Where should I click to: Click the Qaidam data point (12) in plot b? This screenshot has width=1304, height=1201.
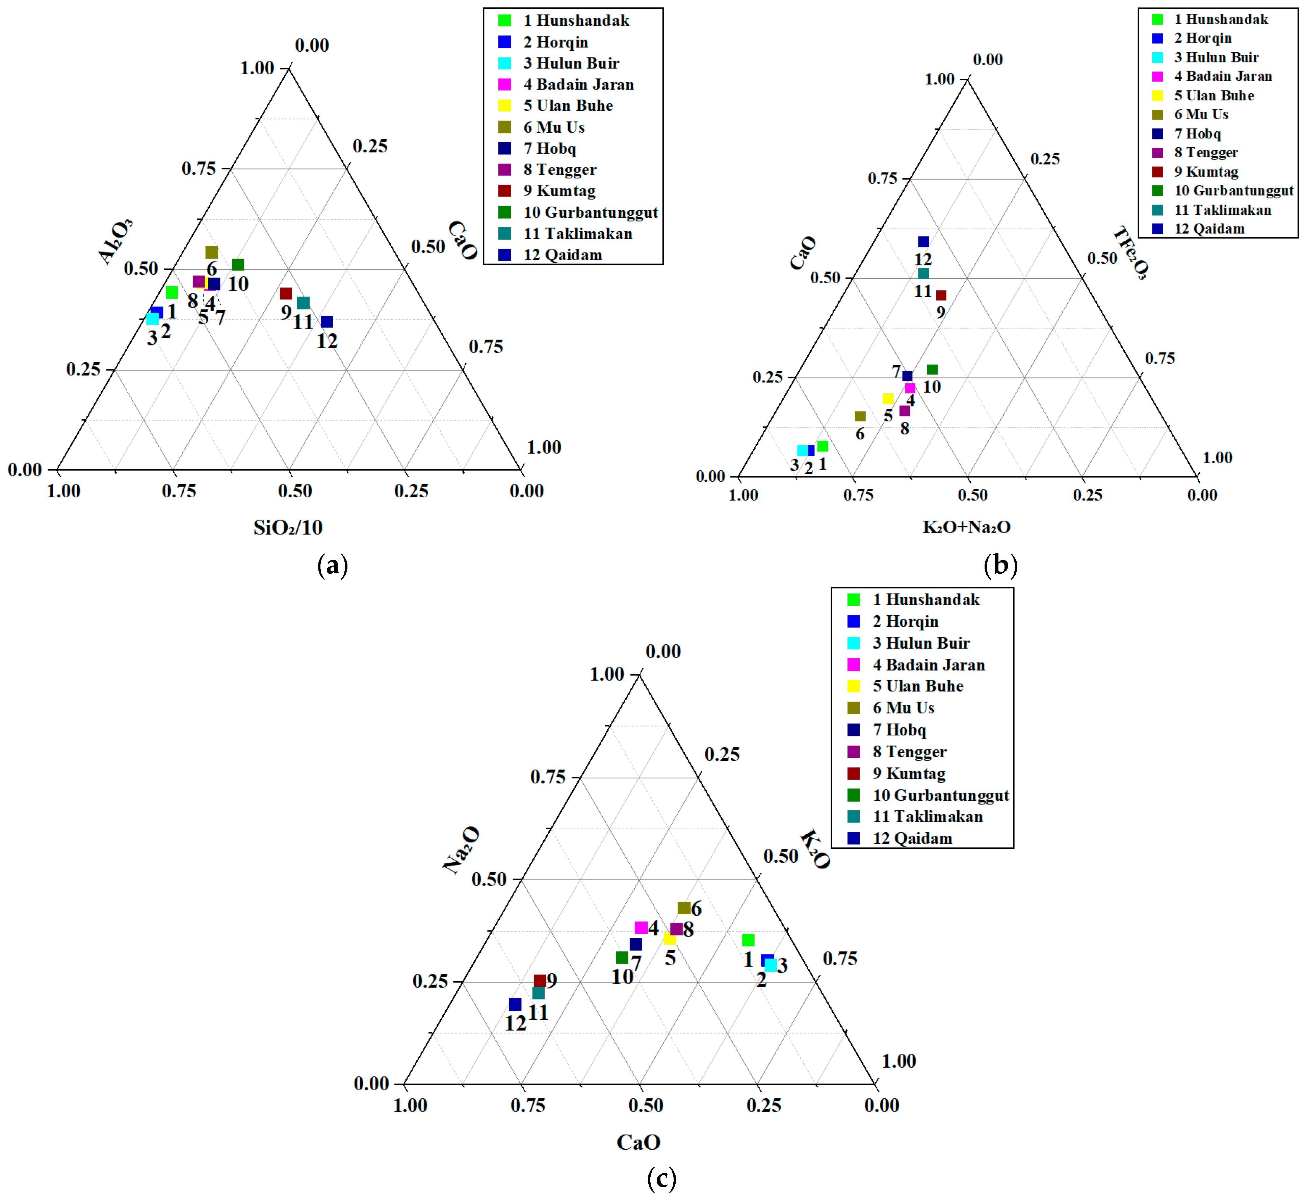click(x=923, y=242)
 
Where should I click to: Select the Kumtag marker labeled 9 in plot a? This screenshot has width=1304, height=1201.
click(x=286, y=294)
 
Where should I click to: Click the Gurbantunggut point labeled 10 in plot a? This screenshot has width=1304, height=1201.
click(x=238, y=264)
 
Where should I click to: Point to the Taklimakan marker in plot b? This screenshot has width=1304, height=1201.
click(x=923, y=273)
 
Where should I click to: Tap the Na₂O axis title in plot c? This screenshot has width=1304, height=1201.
click(x=462, y=850)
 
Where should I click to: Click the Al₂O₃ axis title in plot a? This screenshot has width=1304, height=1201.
click(x=116, y=242)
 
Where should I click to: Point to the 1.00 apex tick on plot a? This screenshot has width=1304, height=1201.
click(x=257, y=68)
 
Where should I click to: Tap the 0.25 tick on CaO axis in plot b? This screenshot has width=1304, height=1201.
click(x=767, y=377)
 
